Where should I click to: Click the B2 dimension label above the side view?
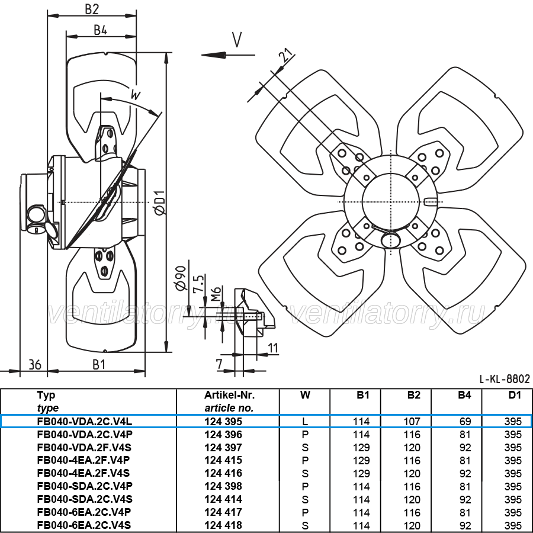coord(92,9)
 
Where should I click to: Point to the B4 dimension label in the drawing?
coord(100,30)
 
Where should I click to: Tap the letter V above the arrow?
coord(237,40)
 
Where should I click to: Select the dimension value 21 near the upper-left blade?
coord(286,55)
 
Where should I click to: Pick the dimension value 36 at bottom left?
coord(35,365)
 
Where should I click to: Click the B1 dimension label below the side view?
coord(99,365)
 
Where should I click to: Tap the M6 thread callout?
coord(216,294)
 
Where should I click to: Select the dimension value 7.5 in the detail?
coord(198,283)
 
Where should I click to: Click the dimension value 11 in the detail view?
coord(273,348)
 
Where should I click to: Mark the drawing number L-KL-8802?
coord(505,378)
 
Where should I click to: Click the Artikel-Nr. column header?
coord(229,395)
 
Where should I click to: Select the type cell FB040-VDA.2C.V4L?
coord(85,422)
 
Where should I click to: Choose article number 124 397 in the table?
coord(223,448)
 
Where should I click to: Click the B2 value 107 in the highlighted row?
coord(412,422)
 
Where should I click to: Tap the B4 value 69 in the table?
coord(465,422)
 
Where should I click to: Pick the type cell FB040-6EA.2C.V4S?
coord(84,525)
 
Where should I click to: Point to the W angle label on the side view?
coord(135,95)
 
